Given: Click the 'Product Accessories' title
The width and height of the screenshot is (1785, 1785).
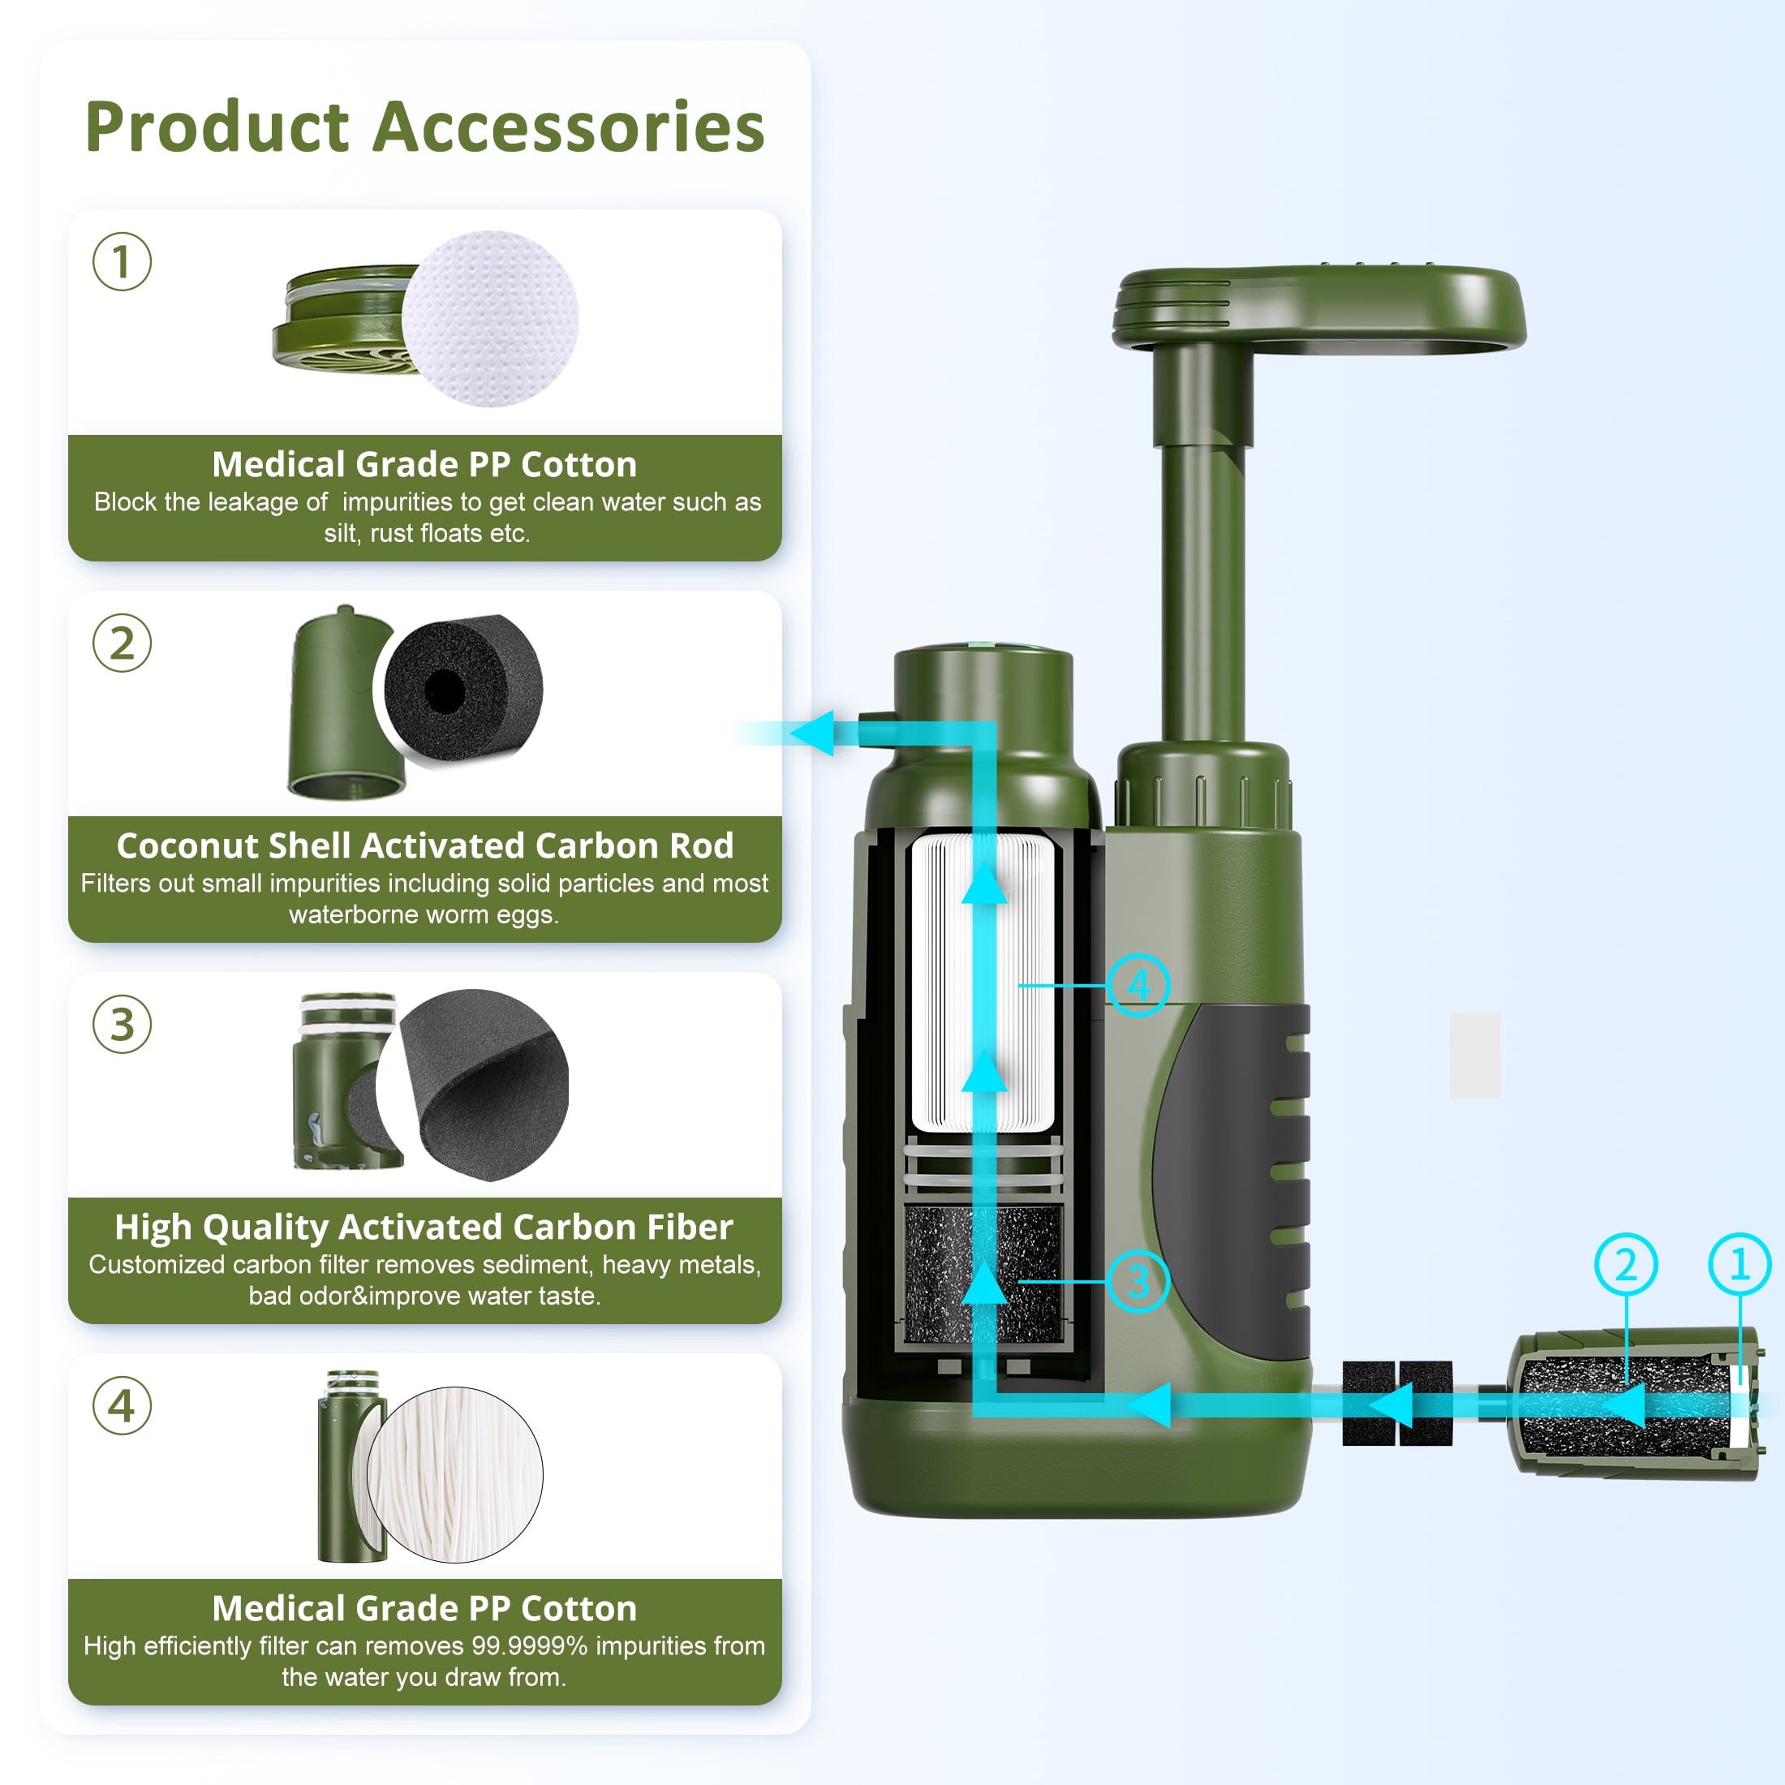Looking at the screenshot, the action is point(425,127).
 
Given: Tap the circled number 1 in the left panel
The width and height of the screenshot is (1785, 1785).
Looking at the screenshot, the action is point(122,261).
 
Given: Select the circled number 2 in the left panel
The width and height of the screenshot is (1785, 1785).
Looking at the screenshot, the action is point(122,643).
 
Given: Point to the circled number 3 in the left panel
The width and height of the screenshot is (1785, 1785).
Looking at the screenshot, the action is point(122,1025).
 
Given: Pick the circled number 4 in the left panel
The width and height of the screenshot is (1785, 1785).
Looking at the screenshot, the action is point(122,1406).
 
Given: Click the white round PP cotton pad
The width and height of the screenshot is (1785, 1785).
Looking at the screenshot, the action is point(491,319).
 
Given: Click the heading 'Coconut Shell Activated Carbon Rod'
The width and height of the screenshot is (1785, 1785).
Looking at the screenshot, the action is point(425,845).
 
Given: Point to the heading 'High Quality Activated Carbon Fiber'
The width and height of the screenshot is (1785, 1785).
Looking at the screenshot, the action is point(424,1227).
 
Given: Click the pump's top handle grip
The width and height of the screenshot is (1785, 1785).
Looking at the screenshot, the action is point(1318,308).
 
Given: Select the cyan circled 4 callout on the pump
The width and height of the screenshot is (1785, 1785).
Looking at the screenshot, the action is point(1138,985).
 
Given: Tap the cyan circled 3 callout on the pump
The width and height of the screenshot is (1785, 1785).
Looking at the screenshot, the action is point(1138,1280).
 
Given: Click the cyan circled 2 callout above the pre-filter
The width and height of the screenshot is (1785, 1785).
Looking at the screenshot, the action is point(1626,1264).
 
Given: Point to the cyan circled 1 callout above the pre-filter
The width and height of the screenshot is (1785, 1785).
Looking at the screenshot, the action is point(1740,1264).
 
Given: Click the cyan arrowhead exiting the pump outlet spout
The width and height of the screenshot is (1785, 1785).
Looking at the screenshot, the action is point(813,733).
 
